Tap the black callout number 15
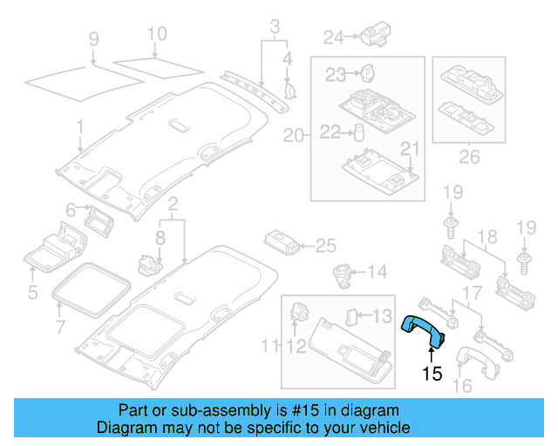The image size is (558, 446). click(432, 374)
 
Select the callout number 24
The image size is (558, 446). click(334, 37)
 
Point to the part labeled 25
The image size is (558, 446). click(282, 243)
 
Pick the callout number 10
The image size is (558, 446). click(155, 35)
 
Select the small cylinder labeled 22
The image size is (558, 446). click(357, 132)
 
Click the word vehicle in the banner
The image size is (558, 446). click(380, 428)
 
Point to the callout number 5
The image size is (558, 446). click(32, 290)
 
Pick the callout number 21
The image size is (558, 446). click(409, 147)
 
